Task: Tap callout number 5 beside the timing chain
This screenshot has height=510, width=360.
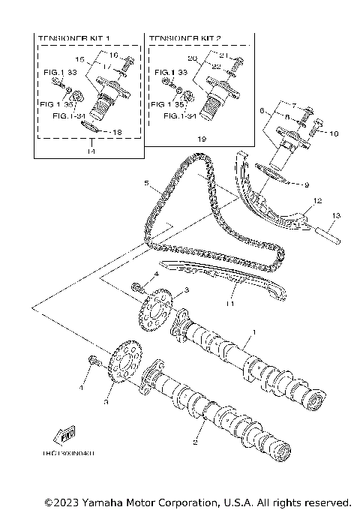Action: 148,181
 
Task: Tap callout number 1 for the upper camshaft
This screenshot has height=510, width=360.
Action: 253,331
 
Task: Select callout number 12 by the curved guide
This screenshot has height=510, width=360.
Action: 317,200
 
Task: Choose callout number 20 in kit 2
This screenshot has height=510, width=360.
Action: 192,58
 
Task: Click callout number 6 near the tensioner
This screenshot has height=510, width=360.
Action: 263,109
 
